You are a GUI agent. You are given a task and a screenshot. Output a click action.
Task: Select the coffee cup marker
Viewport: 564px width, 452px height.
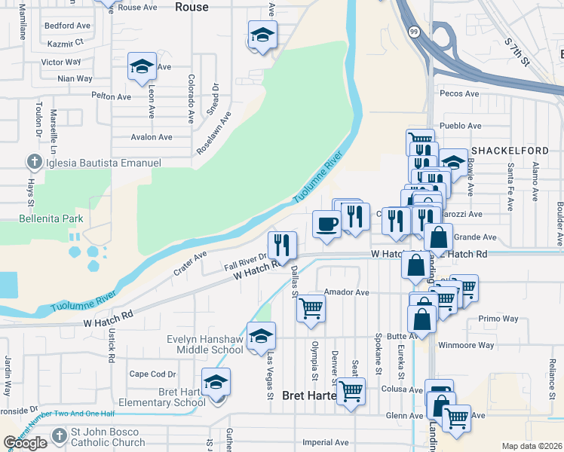click(x=326, y=224)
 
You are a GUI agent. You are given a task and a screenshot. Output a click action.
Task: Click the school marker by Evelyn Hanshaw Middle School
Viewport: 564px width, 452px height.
click(x=262, y=335)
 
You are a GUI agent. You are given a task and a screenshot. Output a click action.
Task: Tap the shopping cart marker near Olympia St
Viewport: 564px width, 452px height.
click(x=311, y=309)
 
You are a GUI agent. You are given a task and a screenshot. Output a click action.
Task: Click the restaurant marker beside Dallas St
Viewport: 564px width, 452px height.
click(x=282, y=245)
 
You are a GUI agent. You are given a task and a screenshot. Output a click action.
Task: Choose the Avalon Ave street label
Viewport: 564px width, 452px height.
click(x=152, y=137)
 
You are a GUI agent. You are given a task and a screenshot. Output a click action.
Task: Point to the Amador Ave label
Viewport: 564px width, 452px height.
click(x=346, y=292)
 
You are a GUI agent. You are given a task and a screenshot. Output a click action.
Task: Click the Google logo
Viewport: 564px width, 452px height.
click(x=25, y=443)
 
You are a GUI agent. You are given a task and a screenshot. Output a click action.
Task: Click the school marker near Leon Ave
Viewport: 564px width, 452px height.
click(x=142, y=67)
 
